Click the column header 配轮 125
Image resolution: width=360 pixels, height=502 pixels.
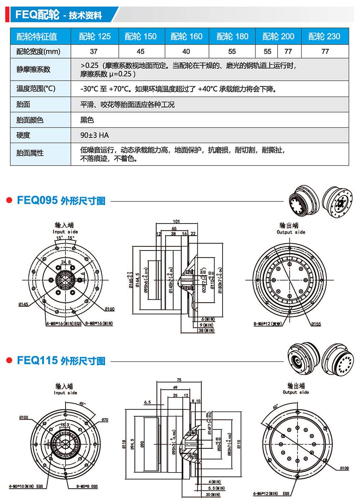click(x=95, y=36)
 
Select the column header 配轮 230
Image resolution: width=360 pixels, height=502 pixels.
click(x=324, y=36)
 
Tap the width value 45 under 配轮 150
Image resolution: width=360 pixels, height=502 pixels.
click(x=141, y=51)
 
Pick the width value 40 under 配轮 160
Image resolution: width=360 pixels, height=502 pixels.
click(x=186, y=51)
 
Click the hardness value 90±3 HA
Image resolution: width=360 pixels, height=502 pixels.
click(x=94, y=135)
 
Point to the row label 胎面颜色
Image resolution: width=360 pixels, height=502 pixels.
click(x=30, y=120)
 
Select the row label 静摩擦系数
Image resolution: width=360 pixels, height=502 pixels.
click(x=33, y=69)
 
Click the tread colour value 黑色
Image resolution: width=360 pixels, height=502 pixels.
click(x=87, y=120)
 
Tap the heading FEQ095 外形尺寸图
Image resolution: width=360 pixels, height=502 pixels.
click(x=61, y=200)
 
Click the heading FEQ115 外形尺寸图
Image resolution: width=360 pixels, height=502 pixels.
click(x=61, y=361)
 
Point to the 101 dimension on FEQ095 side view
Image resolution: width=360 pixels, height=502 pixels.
click(x=176, y=221)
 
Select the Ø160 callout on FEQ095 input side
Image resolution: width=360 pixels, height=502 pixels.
click(x=110, y=309)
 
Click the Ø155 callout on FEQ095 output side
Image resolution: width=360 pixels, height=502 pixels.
click(x=316, y=324)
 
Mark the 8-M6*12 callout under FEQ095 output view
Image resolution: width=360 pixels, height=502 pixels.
click(x=267, y=324)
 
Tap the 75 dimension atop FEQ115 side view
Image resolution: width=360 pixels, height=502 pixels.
click(x=179, y=380)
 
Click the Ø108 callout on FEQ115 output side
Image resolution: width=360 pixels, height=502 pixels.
click(x=344, y=468)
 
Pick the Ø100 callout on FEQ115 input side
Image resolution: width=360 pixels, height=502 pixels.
click(x=24, y=417)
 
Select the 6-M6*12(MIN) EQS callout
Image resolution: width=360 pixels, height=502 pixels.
click(x=271, y=493)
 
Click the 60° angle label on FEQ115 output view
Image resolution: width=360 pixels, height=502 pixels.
click(x=275, y=407)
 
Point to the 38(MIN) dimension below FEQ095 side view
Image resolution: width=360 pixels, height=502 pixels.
click(x=206, y=330)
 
